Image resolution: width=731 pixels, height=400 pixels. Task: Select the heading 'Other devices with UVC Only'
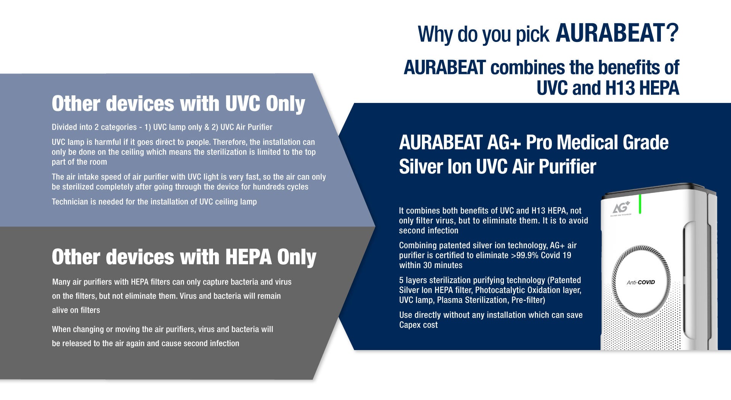[178, 104]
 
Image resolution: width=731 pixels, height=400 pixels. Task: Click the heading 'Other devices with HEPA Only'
[184, 257]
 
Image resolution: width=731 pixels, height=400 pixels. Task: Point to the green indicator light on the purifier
[640, 204]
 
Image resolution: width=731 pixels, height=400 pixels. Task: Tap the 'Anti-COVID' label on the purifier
[641, 282]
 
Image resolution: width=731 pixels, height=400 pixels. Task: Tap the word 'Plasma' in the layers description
[448, 300]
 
